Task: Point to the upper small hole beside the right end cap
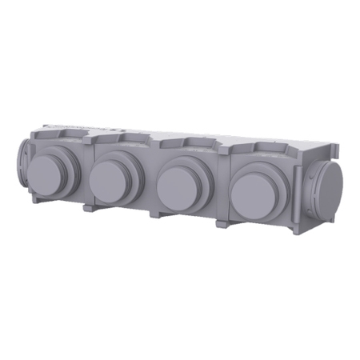(308, 172)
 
